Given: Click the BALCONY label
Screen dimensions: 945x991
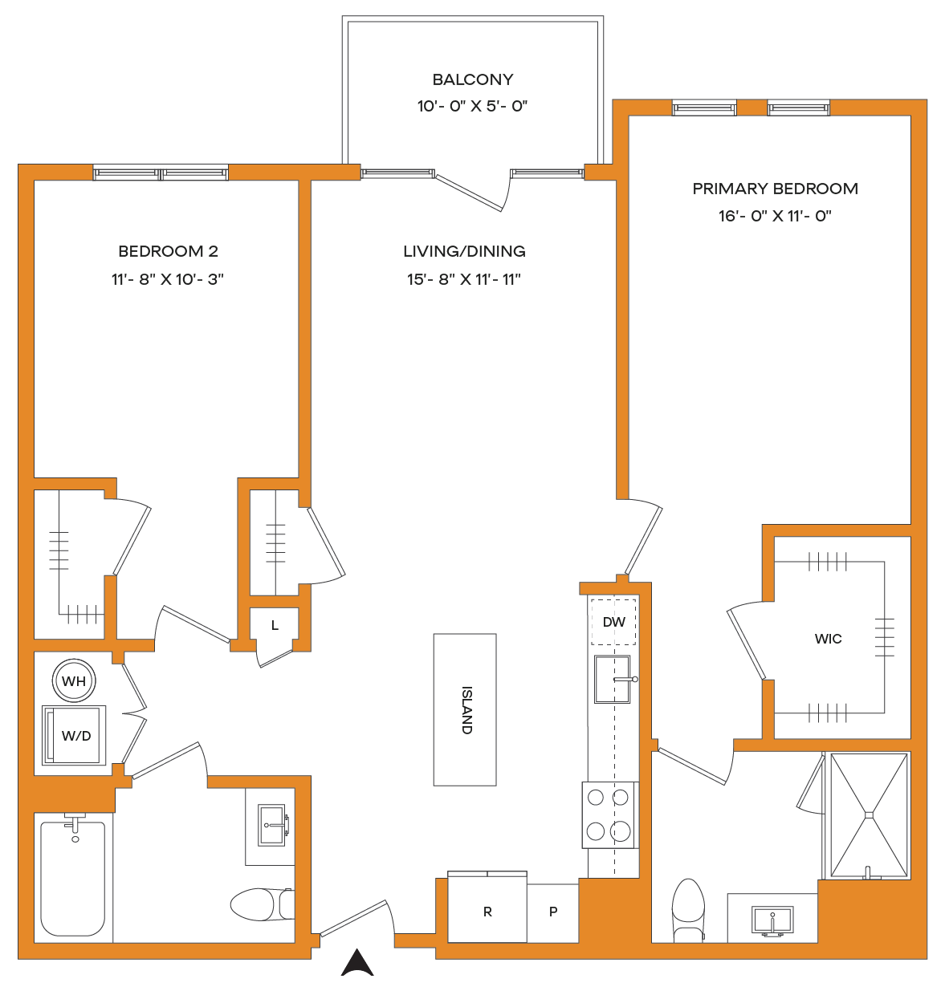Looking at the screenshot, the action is (x=473, y=79).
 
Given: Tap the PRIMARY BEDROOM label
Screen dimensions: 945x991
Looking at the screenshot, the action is (x=775, y=189).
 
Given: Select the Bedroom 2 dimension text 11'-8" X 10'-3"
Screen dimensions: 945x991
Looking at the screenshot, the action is (x=168, y=278).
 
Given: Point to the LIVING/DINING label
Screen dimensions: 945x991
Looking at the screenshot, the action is (x=464, y=251).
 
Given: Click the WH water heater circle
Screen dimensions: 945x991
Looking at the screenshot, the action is (x=74, y=680).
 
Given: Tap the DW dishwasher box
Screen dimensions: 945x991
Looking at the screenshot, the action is (x=613, y=622).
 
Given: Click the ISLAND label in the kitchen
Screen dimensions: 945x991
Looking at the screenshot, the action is (x=466, y=709).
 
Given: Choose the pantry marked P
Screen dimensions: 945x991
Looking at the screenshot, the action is (x=553, y=912).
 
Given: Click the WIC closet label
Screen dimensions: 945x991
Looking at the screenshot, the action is (x=828, y=640).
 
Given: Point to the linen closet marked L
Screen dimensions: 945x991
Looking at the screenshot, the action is (x=275, y=626).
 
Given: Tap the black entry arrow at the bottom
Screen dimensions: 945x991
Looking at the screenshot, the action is (x=357, y=963).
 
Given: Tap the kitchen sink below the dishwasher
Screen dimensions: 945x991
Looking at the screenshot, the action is (x=613, y=679).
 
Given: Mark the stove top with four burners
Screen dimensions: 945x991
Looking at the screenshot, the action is (x=610, y=814).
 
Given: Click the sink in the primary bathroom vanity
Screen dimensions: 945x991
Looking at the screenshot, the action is (x=772, y=920).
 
